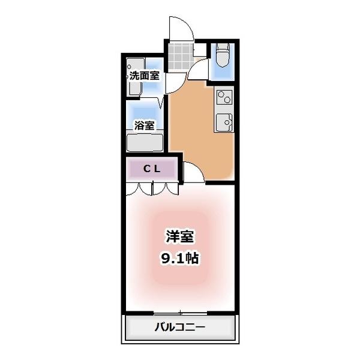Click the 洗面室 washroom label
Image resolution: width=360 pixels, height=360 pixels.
point(145,76)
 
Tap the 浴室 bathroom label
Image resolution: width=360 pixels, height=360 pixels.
point(145,125)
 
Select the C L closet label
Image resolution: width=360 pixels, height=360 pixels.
point(151,169)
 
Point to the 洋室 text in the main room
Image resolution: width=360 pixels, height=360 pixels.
point(179,236)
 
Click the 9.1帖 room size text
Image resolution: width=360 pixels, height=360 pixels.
point(179,259)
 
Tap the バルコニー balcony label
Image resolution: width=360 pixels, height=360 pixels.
point(179,328)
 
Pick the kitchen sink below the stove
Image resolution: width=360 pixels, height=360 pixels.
point(223,122)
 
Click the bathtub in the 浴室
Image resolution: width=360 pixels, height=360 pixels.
point(145,143)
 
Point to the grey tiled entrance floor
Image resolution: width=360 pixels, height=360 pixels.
point(179,55)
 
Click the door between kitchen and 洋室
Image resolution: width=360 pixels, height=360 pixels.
point(192,173)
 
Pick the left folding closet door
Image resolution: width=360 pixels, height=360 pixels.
point(140,188)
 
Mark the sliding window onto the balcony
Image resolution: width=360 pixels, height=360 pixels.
point(179,313)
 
